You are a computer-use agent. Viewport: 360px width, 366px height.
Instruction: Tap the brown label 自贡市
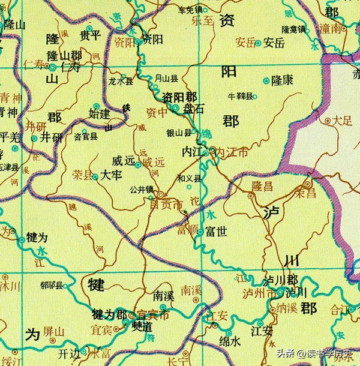coord(166,206)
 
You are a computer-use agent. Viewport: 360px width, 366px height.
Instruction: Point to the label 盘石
coord(194,109)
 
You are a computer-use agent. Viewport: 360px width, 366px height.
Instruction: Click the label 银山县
coord(179,133)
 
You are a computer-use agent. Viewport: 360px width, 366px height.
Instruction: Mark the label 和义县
coord(188,179)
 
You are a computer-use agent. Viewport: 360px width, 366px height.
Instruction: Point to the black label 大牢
coord(112,176)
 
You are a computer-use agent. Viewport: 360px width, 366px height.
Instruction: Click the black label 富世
coord(216,231)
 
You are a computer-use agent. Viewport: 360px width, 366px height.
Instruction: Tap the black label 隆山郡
coord(64,55)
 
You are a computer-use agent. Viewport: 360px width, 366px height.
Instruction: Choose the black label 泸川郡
coord(281,281)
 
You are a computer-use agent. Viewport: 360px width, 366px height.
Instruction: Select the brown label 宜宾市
coord(154,314)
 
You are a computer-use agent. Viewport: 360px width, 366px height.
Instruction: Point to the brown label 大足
coord(343,120)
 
